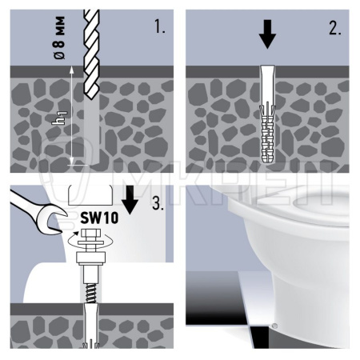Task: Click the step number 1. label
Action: click(160, 26)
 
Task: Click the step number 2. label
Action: click(335, 28)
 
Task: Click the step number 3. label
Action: click(158, 203)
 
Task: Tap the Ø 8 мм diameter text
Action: click(59, 38)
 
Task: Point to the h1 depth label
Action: click(59, 118)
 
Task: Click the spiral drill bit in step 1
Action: click(91, 54)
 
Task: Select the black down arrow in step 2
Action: click(267, 34)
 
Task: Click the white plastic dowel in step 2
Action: click(267, 114)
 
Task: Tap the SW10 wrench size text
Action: click(99, 218)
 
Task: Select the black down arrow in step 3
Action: click(130, 200)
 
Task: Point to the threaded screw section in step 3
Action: click(91, 293)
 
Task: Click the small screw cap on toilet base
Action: click(275, 326)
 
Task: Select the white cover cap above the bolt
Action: click(90, 195)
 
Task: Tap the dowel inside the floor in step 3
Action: click(91, 326)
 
